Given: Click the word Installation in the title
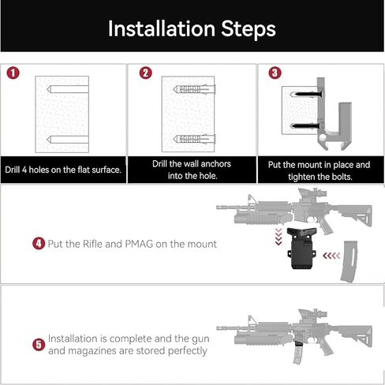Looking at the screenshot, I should pos(160,29).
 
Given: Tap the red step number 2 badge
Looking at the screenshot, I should pos(145,73).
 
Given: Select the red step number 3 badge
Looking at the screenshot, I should pos(274,73).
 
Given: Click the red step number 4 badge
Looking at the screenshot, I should pos(38,244).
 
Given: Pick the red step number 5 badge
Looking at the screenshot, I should pos(38,344).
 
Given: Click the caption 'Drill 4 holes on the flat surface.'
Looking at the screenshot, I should pos(63,170).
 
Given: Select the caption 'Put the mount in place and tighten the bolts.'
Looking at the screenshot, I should pos(319,170).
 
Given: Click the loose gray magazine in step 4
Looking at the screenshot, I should pos(346,267).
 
